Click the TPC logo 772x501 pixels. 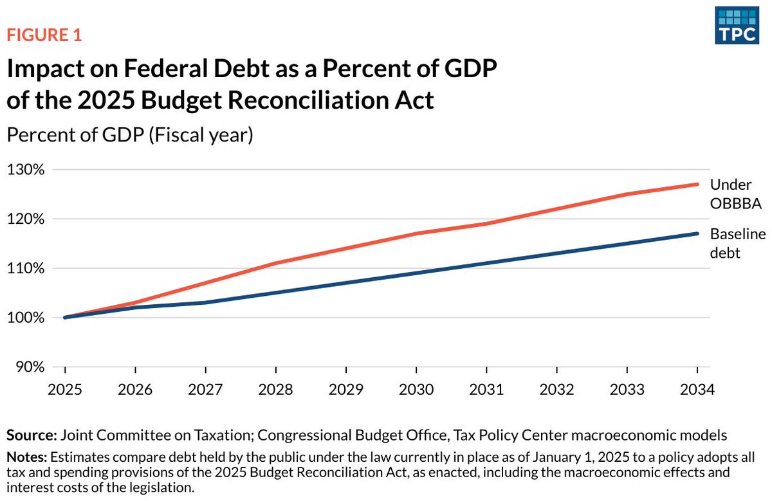737,27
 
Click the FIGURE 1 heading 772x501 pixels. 44,35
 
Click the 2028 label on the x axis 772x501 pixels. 275,390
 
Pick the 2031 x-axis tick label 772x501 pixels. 486,390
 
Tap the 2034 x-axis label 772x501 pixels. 697,390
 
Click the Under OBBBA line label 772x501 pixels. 736,194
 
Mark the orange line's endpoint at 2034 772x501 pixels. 697,185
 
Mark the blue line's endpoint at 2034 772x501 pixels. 697,233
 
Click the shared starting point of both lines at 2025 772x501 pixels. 65,318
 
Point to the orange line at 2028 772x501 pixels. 275,263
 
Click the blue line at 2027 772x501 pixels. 205,302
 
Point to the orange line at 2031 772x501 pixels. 486,224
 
